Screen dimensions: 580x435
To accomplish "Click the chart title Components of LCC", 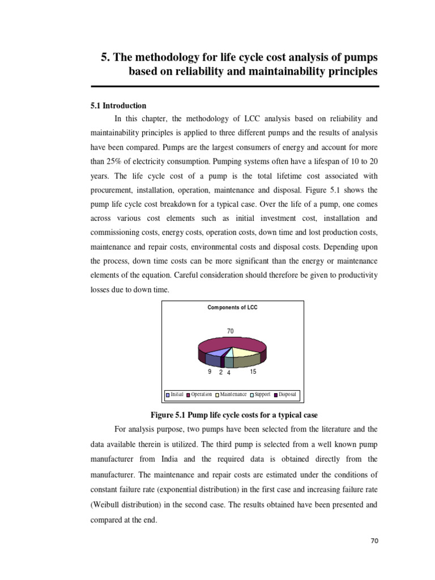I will (232, 308).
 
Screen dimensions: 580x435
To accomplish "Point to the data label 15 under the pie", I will (253, 372).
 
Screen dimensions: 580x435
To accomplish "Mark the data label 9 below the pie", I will (210, 372).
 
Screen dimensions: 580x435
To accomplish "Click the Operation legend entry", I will (199, 394).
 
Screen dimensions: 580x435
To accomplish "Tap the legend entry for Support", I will (260, 394).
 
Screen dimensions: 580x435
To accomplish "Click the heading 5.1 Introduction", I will (118, 106).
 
